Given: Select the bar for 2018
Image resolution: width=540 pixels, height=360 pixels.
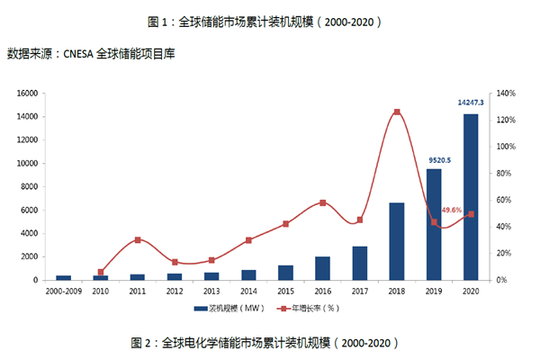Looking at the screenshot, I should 396,241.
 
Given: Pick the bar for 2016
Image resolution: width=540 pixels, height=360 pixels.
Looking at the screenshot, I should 322,268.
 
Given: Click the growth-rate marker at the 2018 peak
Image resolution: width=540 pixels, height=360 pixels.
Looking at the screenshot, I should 396,112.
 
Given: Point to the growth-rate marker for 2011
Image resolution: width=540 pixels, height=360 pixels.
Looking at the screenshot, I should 138,240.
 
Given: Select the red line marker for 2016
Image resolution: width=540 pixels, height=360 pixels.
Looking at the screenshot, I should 322,202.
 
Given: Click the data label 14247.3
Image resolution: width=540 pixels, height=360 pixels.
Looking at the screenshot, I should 470,103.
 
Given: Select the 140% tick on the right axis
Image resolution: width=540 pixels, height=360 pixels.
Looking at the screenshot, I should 504,93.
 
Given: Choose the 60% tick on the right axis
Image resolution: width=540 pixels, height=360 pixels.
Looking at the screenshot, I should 502,200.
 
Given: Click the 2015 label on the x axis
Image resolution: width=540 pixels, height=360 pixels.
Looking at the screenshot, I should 285,292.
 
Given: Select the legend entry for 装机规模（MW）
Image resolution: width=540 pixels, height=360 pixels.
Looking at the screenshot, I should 227,310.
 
